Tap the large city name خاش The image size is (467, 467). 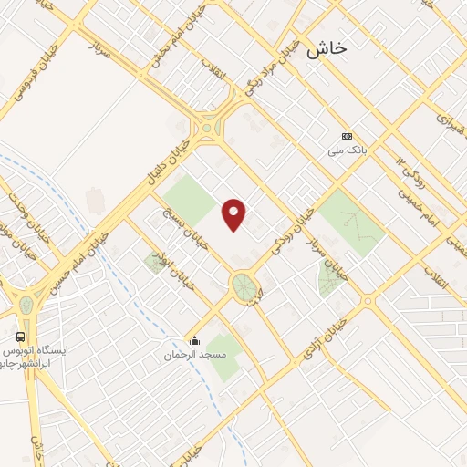click(x=327, y=49)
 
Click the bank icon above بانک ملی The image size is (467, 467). click(x=346, y=136)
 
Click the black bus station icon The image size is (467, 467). click(x=20, y=337)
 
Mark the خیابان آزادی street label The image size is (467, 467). click(x=328, y=338)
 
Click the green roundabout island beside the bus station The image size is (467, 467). click(x=26, y=304)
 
